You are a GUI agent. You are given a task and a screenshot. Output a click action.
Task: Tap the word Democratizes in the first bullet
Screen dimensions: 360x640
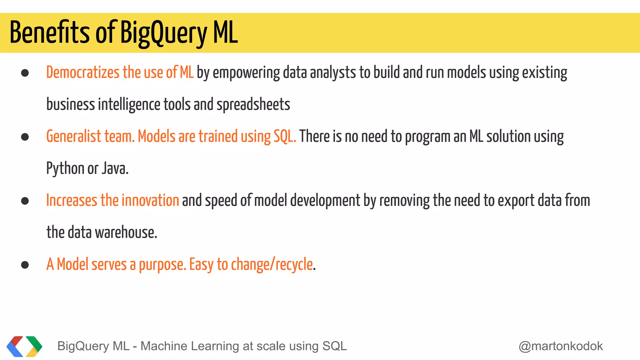click(x=83, y=72)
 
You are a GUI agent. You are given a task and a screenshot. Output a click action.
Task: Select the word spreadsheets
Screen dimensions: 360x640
click(x=253, y=104)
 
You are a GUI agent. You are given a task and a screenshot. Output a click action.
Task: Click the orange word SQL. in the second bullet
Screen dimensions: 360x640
click(x=285, y=137)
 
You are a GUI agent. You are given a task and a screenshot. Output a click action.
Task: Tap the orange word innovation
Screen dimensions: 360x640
click(x=150, y=200)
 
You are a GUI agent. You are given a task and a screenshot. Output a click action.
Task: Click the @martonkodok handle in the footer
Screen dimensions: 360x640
click(x=561, y=346)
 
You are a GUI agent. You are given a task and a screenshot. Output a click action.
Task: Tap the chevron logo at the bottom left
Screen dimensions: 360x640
click(x=24, y=346)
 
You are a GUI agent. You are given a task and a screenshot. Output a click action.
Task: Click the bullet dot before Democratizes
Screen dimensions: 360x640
click(x=25, y=73)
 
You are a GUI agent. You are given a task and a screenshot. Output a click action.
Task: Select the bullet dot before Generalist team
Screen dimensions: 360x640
click(x=25, y=137)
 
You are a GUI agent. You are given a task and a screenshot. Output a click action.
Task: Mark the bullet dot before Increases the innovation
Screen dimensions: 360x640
click(x=25, y=201)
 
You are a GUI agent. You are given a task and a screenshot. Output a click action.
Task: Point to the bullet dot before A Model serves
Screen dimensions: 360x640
click(x=25, y=265)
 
